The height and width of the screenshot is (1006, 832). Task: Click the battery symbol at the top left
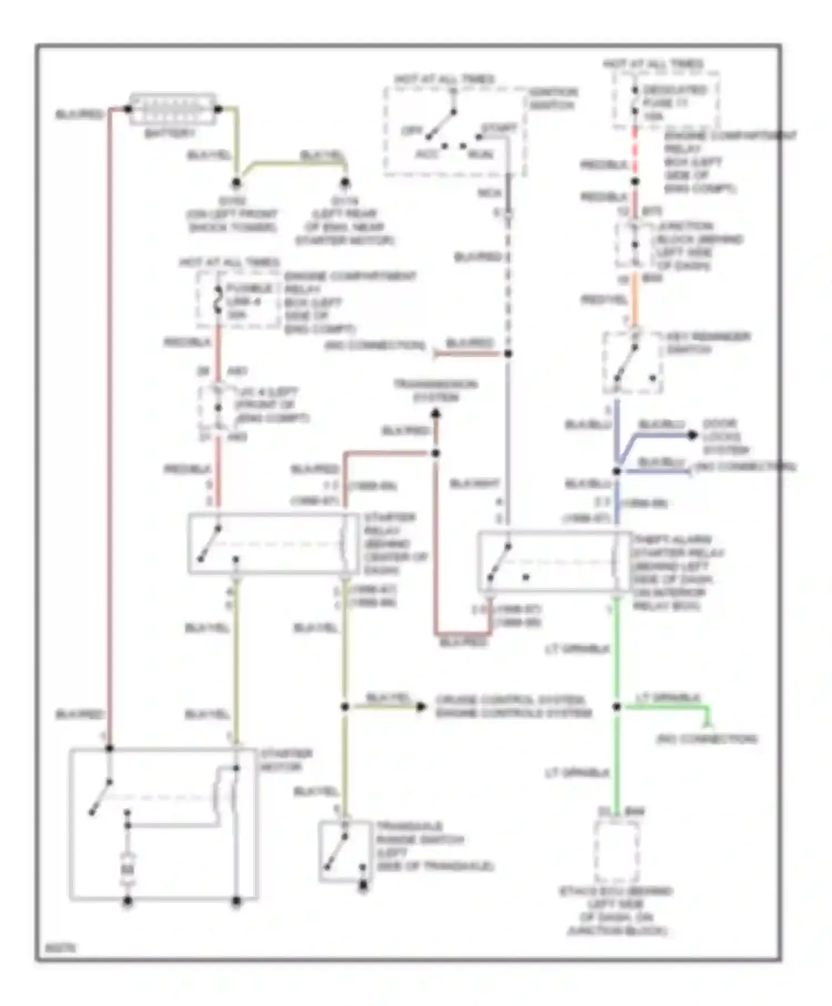[173, 109]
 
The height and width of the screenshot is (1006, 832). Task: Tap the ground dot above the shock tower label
[236, 182]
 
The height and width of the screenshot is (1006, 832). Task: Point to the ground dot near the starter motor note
[345, 182]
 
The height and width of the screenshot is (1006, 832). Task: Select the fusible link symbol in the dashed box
[218, 302]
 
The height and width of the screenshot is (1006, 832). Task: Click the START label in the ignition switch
[499, 129]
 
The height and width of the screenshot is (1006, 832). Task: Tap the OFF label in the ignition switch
[412, 131]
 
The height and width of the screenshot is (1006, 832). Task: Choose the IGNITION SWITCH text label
[552, 99]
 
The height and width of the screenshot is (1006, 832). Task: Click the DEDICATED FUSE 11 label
[674, 103]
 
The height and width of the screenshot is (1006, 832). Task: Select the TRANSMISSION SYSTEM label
[435, 391]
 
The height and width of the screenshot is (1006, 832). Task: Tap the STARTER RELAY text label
[394, 543]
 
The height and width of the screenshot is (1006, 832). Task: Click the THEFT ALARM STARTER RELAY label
[678, 572]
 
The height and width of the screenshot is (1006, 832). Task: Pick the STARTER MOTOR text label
[286, 760]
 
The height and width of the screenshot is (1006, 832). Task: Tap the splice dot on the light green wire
[616, 707]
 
